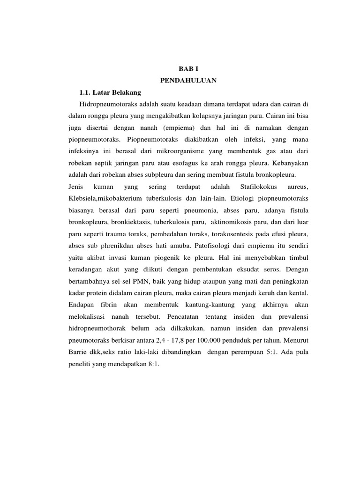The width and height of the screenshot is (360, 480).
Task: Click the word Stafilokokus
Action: click(x=253, y=187)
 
